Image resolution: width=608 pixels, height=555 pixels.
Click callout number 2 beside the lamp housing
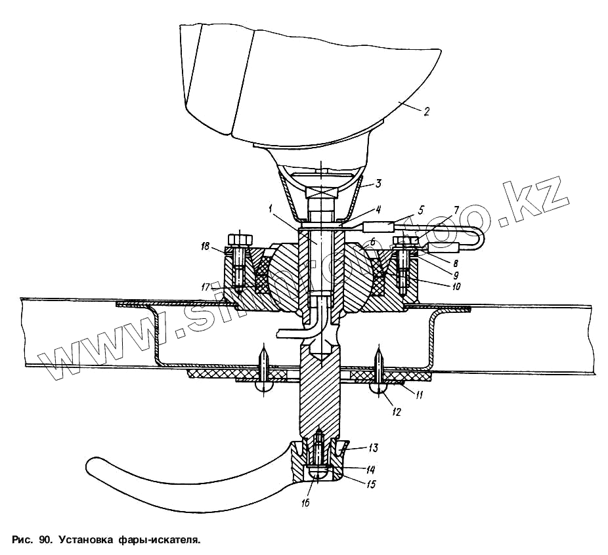(426, 112)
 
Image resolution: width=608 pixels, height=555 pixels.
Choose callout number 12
(397, 412)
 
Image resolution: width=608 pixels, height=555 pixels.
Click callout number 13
(372, 448)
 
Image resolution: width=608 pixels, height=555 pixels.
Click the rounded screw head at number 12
(379, 389)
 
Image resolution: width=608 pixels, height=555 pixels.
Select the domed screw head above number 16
(317, 474)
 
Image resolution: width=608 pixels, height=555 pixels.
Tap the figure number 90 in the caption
(45, 541)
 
